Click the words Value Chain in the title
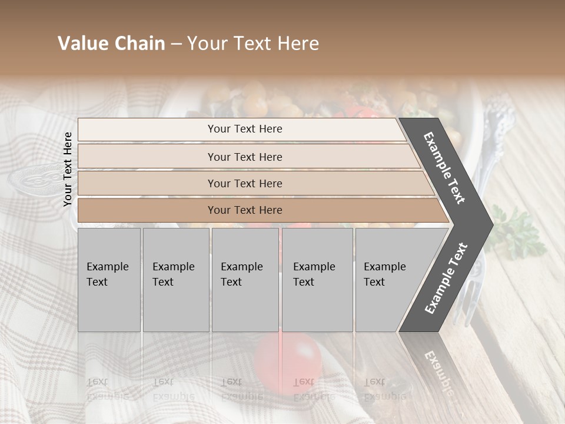click(x=111, y=44)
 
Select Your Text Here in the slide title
click(x=253, y=44)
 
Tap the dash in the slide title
click(x=176, y=44)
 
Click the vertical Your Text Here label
click(x=68, y=169)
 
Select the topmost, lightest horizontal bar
click(x=244, y=129)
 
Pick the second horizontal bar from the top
click(x=244, y=157)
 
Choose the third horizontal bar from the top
click(x=244, y=183)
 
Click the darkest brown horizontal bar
click(x=244, y=210)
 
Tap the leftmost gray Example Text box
click(x=109, y=280)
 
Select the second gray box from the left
click(x=176, y=280)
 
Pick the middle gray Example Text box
click(x=245, y=280)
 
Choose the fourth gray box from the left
click(x=317, y=280)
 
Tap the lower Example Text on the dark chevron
click(x=446, y=278)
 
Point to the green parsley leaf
click(x=518, y=233)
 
